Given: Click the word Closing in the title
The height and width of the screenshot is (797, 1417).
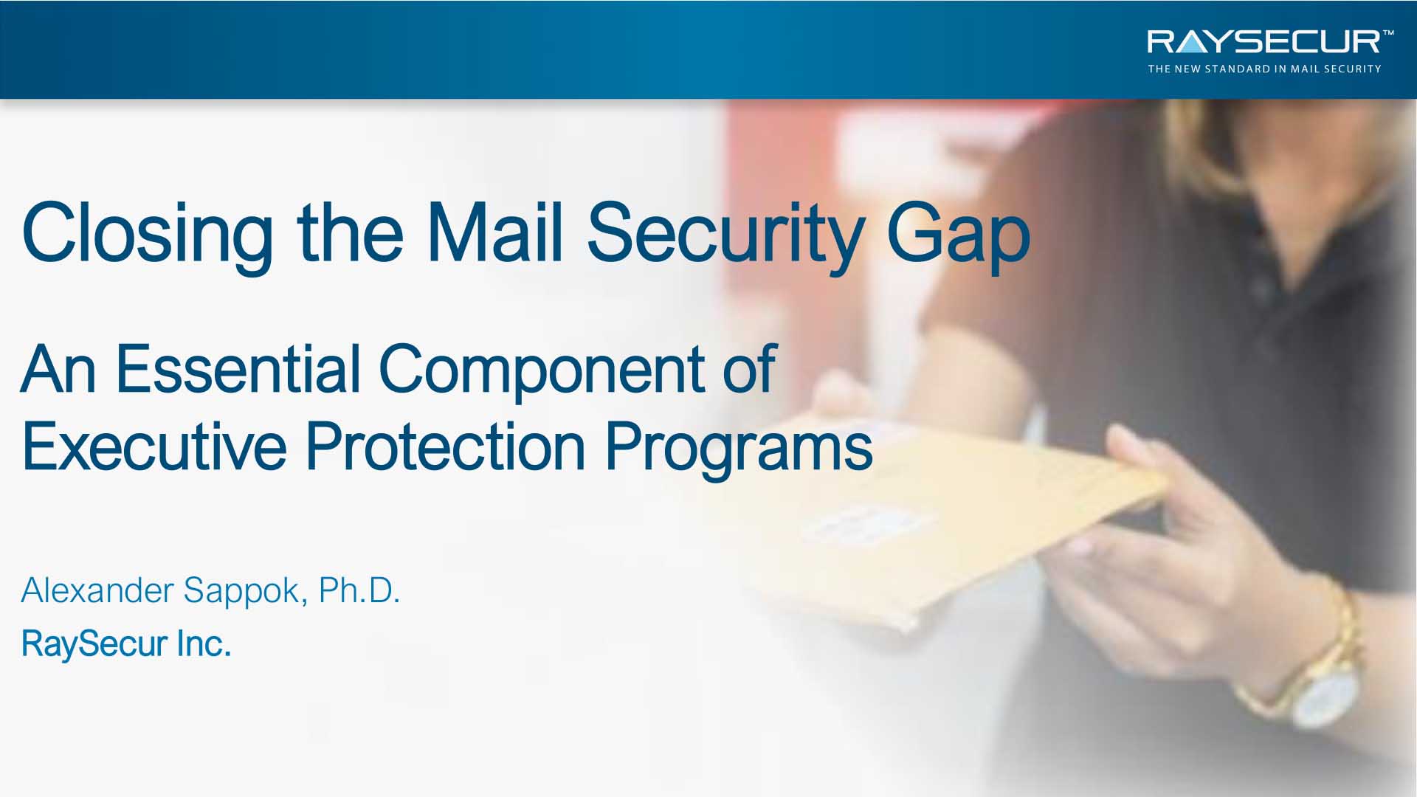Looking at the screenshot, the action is point(148,235).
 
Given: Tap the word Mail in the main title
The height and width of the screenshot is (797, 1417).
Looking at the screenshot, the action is point(494,232).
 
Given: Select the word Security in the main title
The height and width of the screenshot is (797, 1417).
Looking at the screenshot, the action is point(725,235).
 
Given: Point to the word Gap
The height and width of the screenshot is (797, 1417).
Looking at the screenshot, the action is point(958,235).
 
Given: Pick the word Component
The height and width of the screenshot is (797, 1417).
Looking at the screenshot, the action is point(542,373).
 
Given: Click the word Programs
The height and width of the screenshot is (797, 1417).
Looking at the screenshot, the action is point(739,450).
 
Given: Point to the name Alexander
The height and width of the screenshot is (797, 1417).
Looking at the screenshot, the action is point(97,590).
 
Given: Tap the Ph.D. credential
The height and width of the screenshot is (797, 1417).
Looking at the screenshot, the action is point(359,590).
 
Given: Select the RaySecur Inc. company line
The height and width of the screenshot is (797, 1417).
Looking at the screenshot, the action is point(126,644).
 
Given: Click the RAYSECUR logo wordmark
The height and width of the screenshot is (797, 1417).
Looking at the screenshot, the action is point(1263,42).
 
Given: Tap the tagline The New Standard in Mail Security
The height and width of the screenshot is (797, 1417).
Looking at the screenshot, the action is point(1264,69).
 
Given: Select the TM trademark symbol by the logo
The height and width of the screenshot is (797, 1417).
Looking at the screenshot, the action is point(1388,33).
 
